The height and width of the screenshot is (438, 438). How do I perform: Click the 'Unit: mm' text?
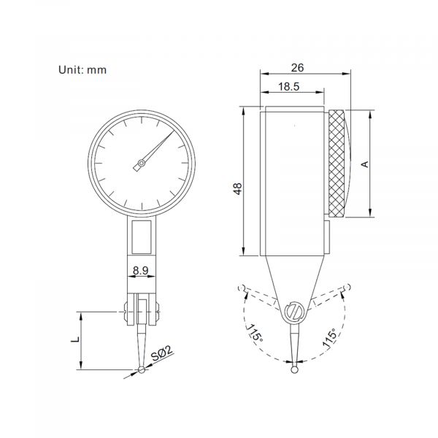[x=83, y=70]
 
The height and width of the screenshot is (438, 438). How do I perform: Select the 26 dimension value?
[x=296, y=67]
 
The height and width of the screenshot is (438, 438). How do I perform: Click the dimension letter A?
[x=364, y=165]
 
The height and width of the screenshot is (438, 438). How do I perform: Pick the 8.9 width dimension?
[x=142, y=270]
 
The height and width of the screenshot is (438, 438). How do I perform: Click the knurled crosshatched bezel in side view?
[x=337, y=164]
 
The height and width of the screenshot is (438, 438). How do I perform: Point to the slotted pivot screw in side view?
[x=294, y=312]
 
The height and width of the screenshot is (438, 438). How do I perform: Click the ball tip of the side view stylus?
[x=293, y=370]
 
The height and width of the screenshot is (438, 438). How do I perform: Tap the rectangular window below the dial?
[x=143, y=237]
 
